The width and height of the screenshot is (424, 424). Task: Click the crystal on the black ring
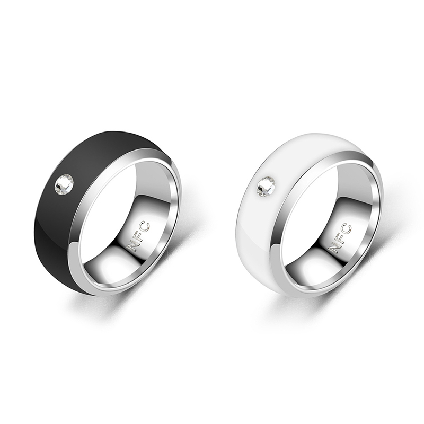pyautogui.click(x=64, y=185)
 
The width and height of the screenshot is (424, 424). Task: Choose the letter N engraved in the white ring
pyautogui.click(x=334, y=246)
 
